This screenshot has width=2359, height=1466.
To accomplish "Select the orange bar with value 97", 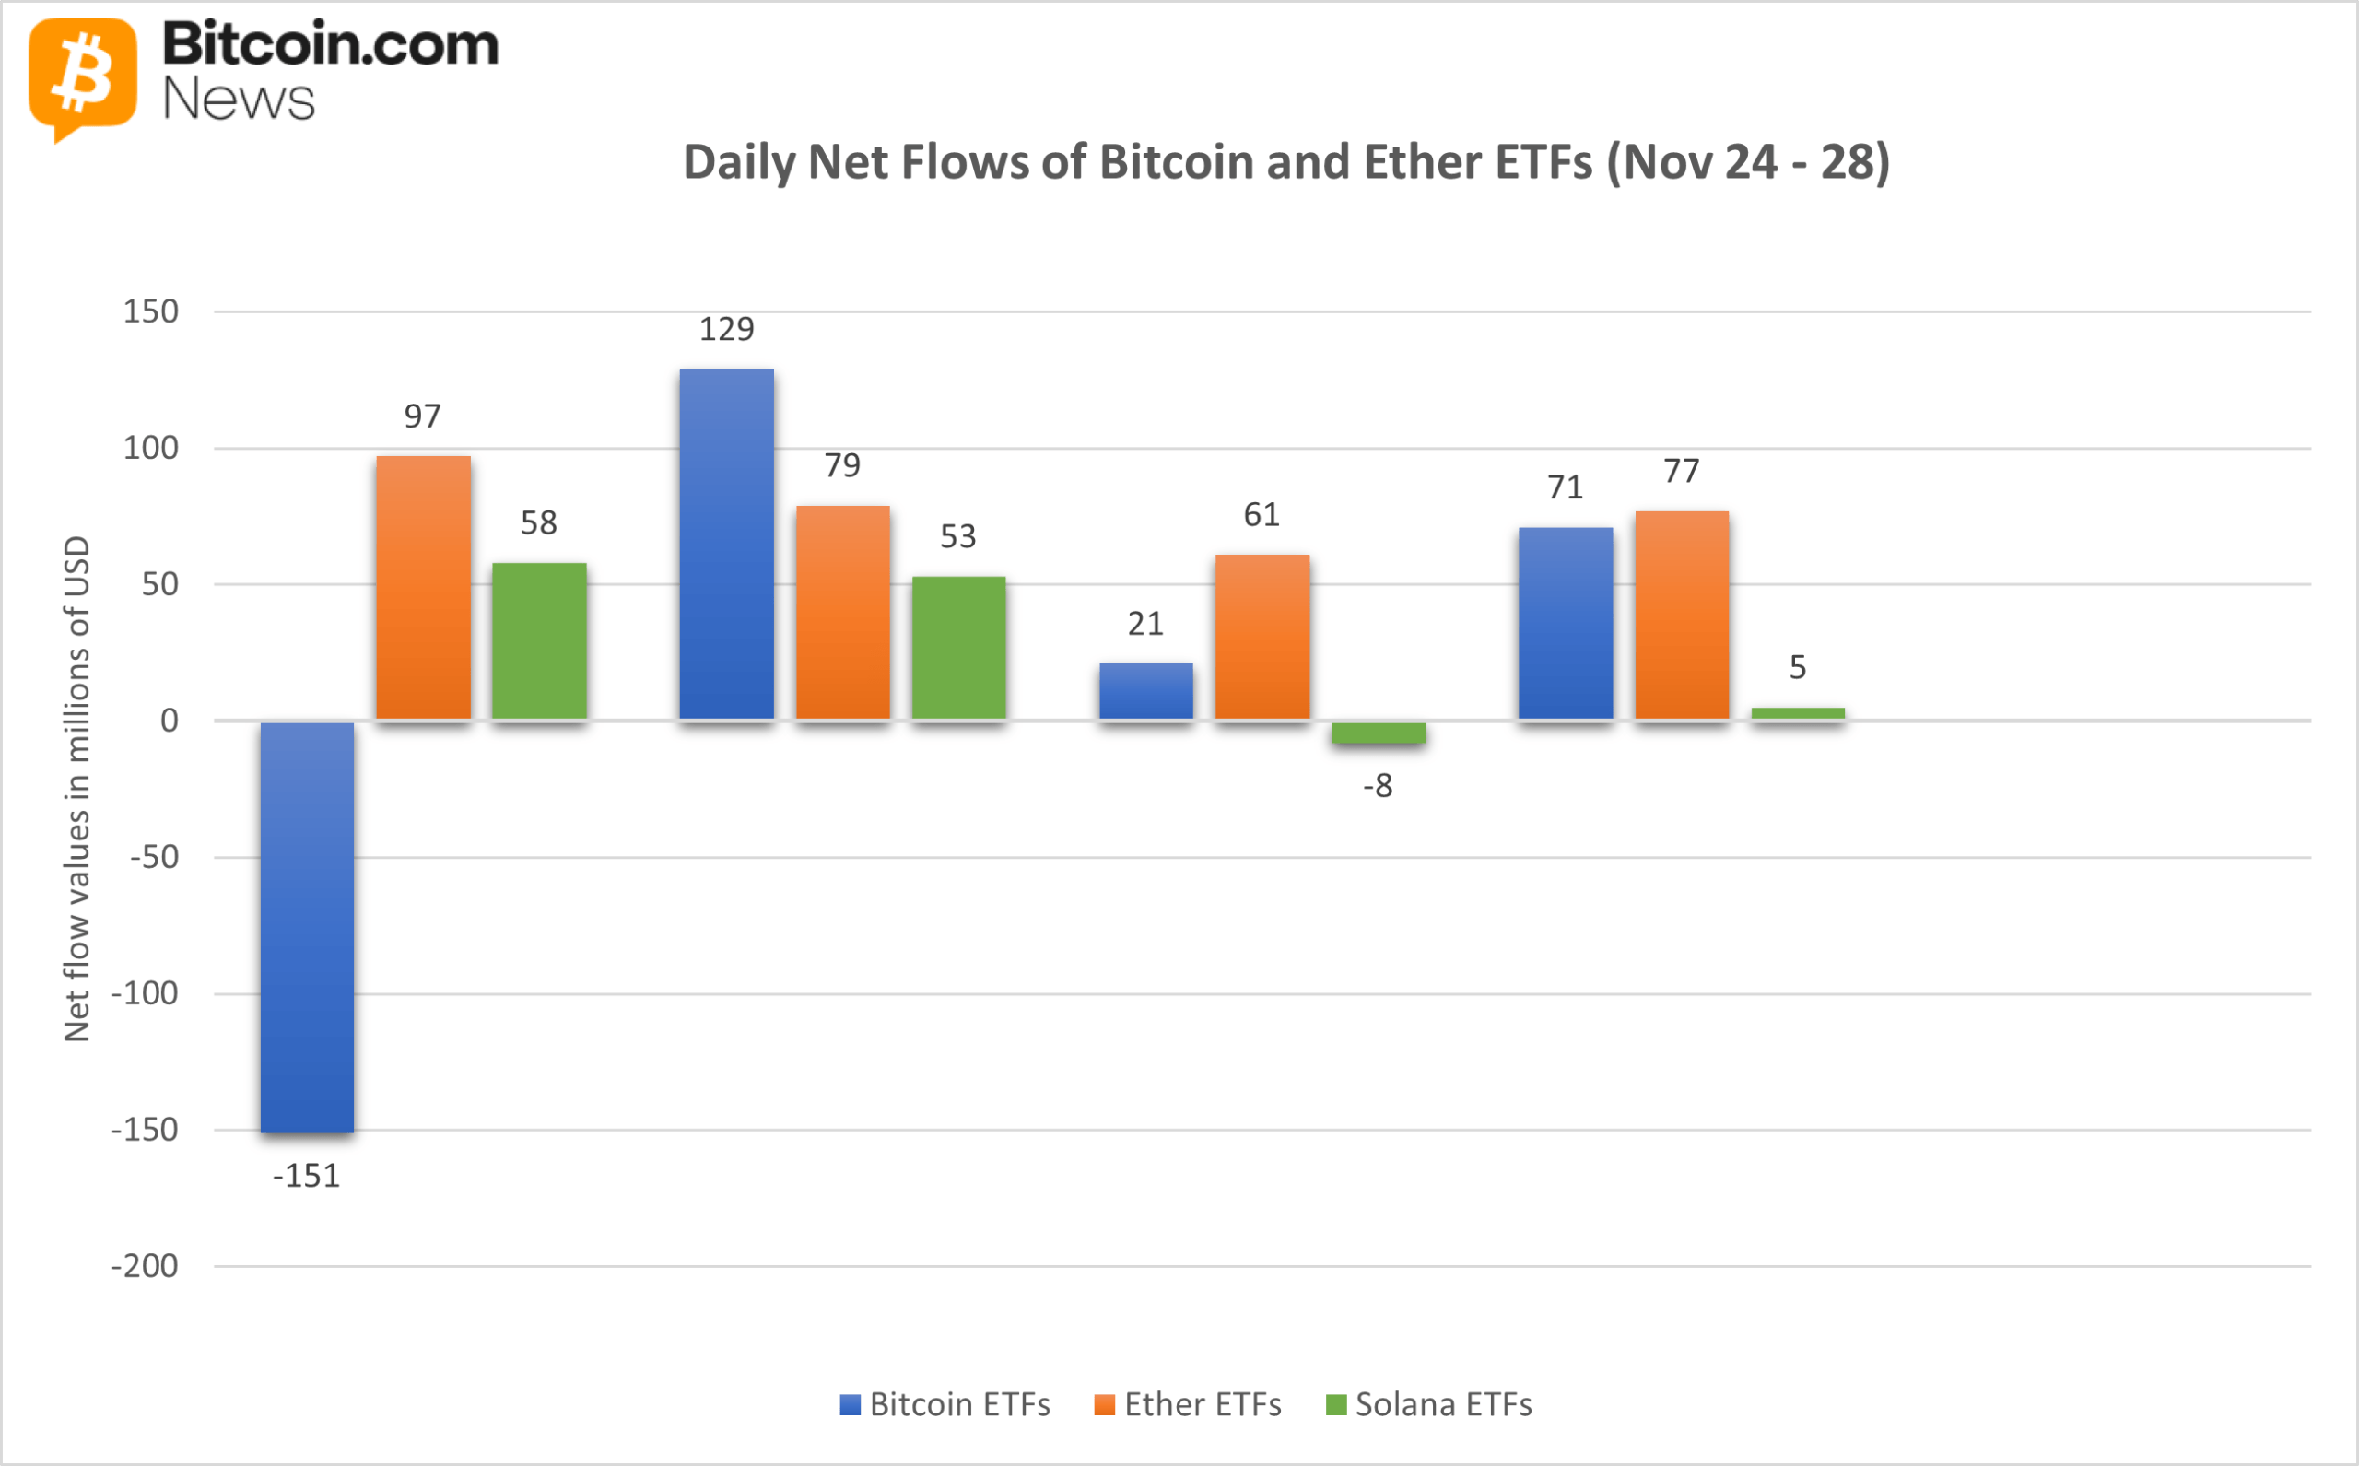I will click(423, 588).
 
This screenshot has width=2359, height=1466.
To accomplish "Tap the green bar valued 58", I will click(539, 641).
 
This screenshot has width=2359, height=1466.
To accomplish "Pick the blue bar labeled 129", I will click(726, 544).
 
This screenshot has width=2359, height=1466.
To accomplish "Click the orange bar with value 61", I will click(1262, 637).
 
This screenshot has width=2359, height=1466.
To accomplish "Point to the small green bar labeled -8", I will click(1378, 733).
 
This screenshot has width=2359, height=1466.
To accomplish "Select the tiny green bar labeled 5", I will click(1797, 713).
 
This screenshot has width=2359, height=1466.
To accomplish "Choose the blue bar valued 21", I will click(1145, 691).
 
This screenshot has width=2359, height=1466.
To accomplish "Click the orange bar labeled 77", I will click(1682, 615).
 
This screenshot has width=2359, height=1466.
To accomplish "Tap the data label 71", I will click(1565, 487).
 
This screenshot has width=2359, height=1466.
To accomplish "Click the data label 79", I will click(841, 465).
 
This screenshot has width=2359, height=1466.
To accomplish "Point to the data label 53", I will click(958, 536).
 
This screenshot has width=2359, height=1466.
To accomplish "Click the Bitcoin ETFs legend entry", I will click(945, 1404).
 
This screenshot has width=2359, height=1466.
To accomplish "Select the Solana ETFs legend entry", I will click(1429, 1404).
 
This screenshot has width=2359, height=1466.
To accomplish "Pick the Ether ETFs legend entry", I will click(1188, 1404).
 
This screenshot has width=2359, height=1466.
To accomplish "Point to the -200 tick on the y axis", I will click(145, 1266).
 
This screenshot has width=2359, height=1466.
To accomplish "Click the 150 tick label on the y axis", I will click(150, 311).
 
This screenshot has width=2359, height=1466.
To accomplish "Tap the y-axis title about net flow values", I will click(76, 787).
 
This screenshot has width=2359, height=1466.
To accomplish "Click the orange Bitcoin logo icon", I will click(82, 76).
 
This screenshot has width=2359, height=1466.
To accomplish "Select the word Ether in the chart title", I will click(1425, 162).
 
